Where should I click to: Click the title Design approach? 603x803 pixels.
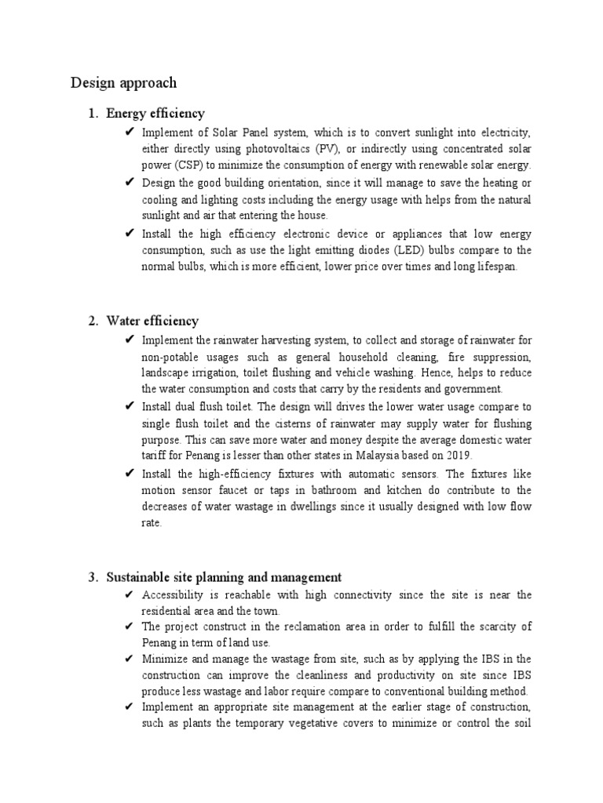coord(124,82)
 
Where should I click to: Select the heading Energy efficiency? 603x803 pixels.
coord(155,114)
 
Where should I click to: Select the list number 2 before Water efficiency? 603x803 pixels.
coord(92,321)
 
